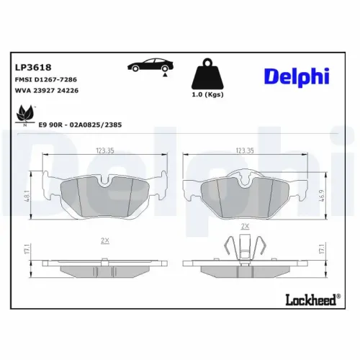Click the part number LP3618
pyautogui.click(x=29, y=67)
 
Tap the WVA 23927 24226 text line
pyautogui.click(x=47, y=91)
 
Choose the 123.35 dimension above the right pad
pyautogui.click(x=245, y=151)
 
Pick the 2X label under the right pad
pyautogui.click(x=245, y=225)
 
